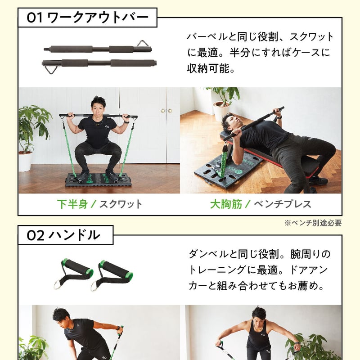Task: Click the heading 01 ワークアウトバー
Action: pos(87,18)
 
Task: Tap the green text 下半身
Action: pos(72,204)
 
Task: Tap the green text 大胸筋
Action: pos(226,204)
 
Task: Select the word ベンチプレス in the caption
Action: pos(282,204)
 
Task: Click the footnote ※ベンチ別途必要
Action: pos(313,223)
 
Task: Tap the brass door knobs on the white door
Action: pos(167,111)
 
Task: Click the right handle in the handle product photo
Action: pos(112,273)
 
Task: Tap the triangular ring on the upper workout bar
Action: pos(143,44)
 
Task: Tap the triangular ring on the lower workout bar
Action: pos(49,68)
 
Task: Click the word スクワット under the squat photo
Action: pos(120,204)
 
